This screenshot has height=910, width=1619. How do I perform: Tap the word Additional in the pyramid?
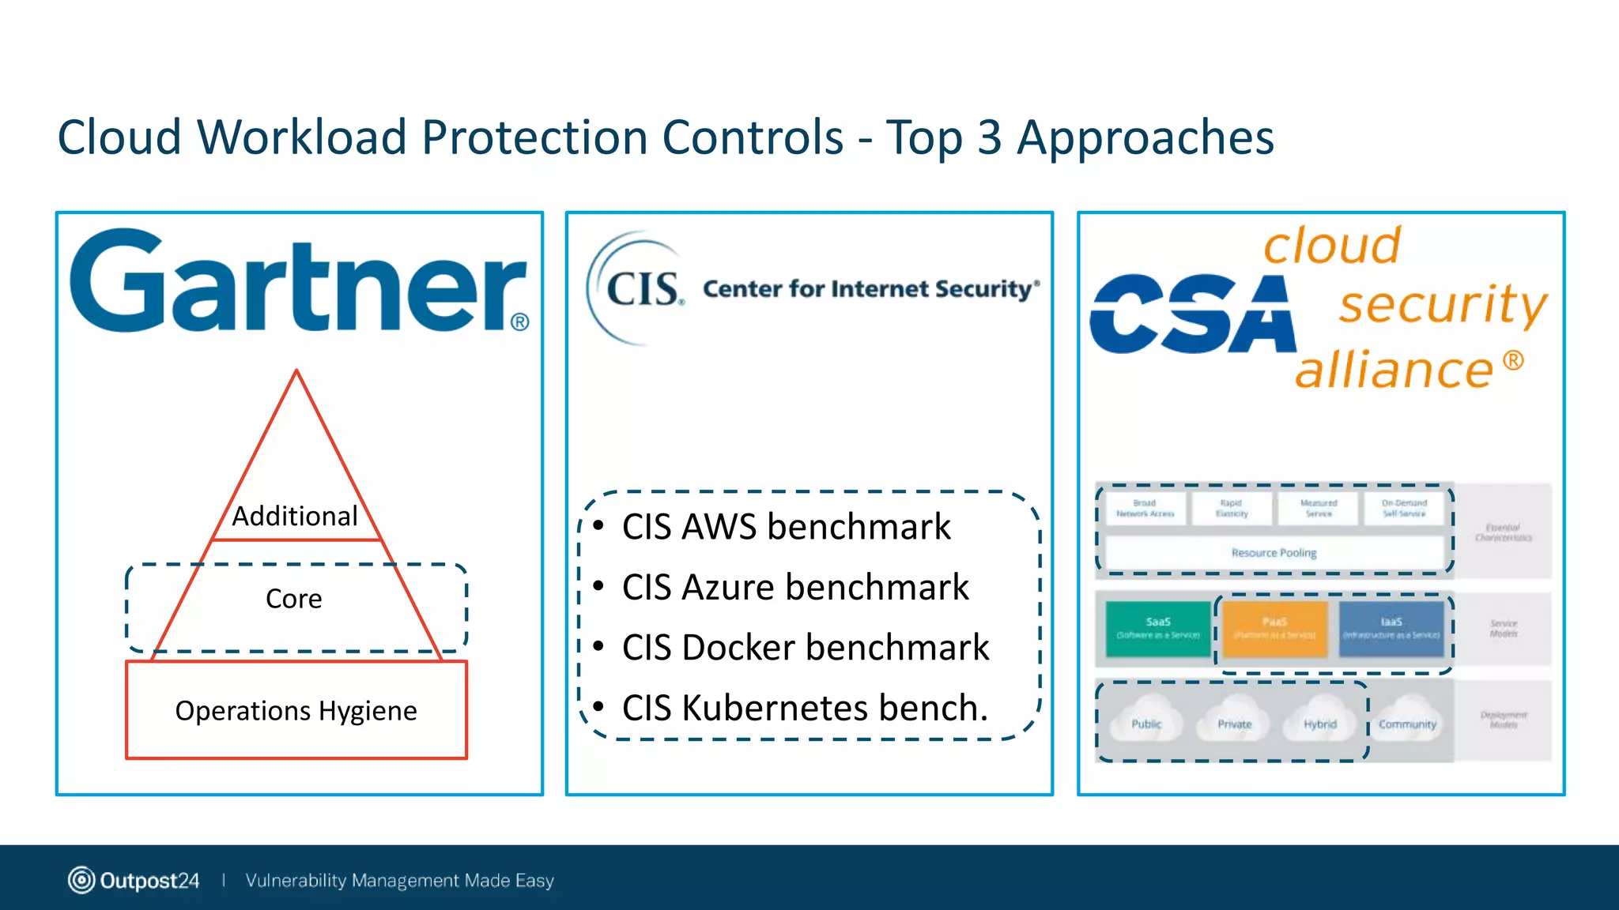pyautogui.click(x=294, y=516)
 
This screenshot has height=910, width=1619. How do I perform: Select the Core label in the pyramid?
pyautogui.click(x=294, y=599)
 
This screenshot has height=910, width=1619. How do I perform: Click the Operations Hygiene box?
pyautogui.click(x=296, y=710)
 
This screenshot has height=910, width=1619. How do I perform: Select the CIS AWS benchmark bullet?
pyautogui.click(x=786, y=527)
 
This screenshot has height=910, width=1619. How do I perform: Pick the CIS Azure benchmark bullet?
pyautogui.click(x=794, y=587)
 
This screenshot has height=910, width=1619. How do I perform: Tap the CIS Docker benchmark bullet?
pyautogui.click(x=805, y=648)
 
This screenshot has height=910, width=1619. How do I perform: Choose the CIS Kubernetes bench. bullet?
pyautogui.click(x=805, y=708)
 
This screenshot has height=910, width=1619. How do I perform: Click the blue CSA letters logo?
pyautogui.click(x=1192, y=314)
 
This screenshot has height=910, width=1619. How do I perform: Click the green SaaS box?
pyautogui.click(x=1157, y=629)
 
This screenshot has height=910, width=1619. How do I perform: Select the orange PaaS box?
pyautogui.click(x=1274, y=629)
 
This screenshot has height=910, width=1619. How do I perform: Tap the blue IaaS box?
pyautogui.click(x=1391, y=629)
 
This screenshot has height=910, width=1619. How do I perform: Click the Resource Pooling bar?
pyautogui.click(x=1274, y=553)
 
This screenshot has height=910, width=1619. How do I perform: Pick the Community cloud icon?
pyautogui.click(x=1407, y=722)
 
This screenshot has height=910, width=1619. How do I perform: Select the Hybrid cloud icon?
pyautogui.click(x=1320, y=722)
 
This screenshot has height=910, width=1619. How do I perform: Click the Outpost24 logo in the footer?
pyautogui.click(x=134, y=880)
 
